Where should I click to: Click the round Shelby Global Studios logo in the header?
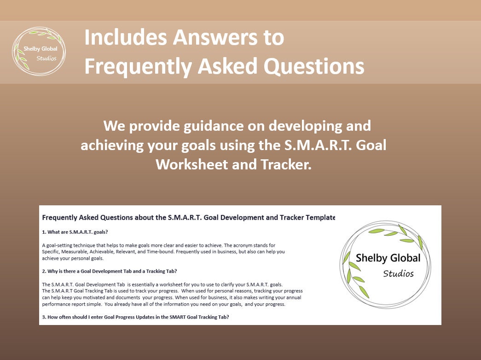pos(39,51)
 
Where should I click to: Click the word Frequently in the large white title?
pos(137,67)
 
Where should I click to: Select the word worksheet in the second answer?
pos(160,284)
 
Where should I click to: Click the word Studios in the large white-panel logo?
pos(398,273)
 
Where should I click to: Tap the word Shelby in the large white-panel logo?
pos(371,258)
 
